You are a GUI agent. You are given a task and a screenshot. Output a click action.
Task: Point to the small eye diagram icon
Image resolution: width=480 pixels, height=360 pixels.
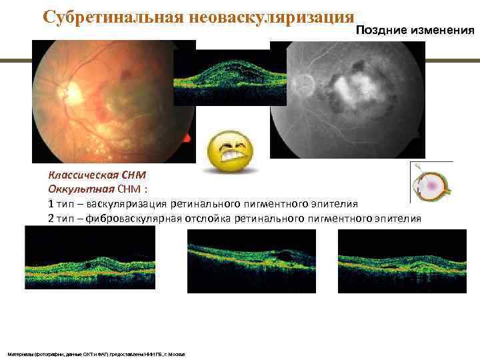point(430,181)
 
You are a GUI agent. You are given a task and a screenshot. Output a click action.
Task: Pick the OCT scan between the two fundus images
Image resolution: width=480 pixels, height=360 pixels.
point(230,77)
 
